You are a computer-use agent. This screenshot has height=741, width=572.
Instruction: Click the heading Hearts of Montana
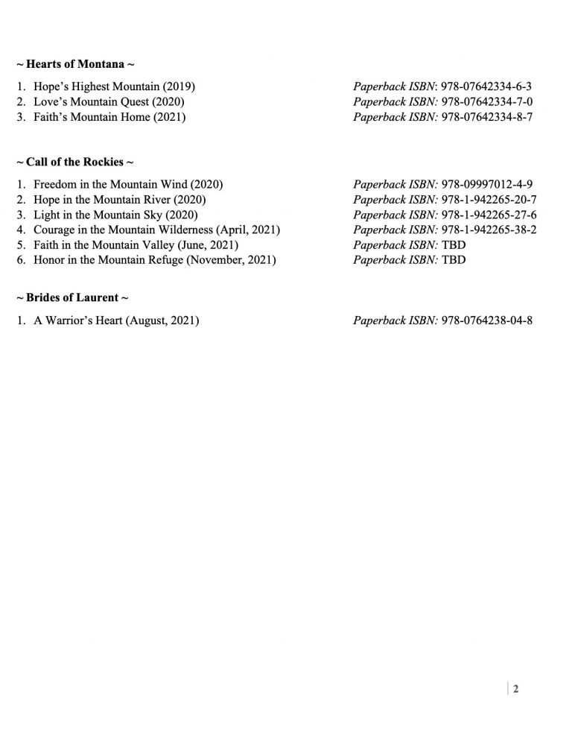(x=75, y=64)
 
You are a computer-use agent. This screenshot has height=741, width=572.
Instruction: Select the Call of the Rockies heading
(x=74, y=162)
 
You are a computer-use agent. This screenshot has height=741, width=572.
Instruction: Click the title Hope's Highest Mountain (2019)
(x=114, y=86)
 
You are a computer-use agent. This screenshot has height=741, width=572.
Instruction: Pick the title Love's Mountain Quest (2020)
(x=109, y=101)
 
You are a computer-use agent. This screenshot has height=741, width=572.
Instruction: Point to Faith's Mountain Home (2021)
(x=109, y=116)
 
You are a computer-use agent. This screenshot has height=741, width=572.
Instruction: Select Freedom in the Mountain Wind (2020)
(x=128, y=184)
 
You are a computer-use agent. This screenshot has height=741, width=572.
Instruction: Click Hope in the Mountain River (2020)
(x=119, y=199)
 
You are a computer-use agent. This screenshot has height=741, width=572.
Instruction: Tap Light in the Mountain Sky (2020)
(x=113, y=214)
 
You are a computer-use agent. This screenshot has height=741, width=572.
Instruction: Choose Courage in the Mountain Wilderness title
(x=156, y=230)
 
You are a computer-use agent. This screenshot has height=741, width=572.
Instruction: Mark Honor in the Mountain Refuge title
(x=154, y=259)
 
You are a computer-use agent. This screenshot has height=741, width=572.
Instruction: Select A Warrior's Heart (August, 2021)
(x=116, y=321)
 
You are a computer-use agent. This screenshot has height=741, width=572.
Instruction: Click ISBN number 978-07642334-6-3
(x=486, y=86)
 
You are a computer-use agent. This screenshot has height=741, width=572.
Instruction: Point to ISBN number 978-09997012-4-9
(x=486, y=184)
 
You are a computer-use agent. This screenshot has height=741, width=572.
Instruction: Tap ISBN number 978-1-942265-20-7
(x=489, y=199)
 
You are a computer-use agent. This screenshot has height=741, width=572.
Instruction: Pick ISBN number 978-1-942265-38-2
(x=489, y=230)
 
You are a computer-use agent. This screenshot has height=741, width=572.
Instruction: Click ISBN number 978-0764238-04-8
(x=486, y=321)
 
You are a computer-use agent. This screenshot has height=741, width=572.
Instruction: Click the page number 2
(x=515, y=689)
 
